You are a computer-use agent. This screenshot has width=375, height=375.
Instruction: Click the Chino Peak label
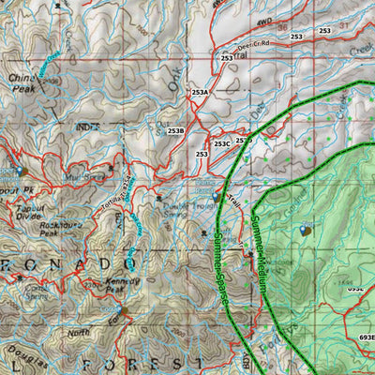tap(22, 82)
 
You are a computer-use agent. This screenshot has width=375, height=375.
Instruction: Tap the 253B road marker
tap(175, 130)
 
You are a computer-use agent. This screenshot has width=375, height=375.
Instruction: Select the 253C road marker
tap(221, 143)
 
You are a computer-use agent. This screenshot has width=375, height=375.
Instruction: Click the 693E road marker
tap(365, 337)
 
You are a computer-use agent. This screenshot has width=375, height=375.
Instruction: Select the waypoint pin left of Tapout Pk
tap(21, 172)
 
